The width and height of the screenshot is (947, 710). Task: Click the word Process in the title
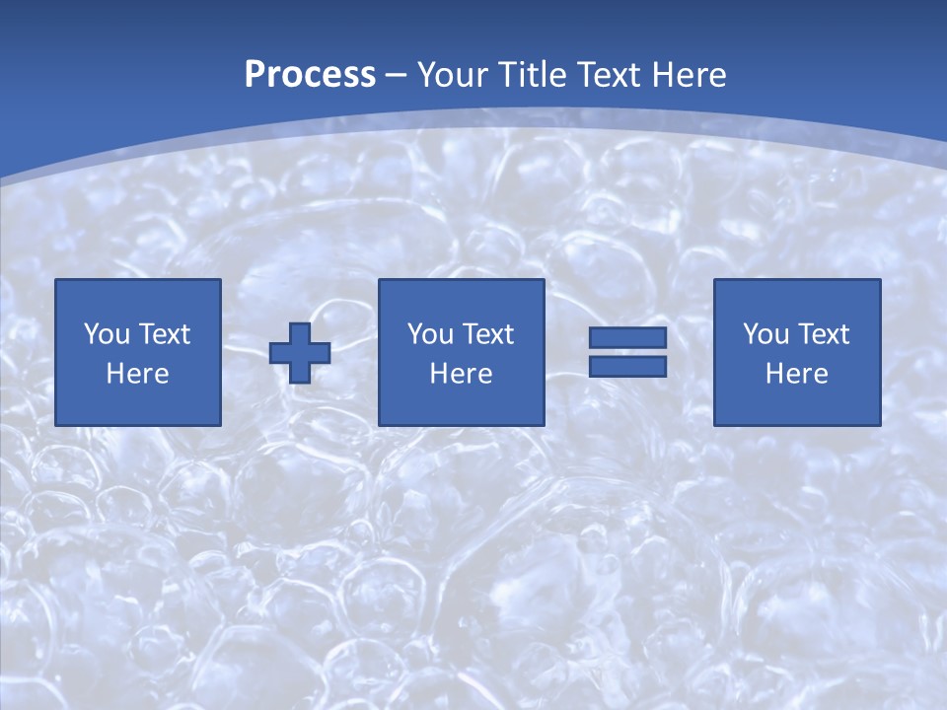[310, 75]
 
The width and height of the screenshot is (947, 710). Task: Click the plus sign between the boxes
[300, 353]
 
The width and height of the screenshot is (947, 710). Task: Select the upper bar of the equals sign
[627, 338]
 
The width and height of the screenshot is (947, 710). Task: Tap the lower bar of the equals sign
[627, 366]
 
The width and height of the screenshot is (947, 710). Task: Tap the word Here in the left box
[138, 374]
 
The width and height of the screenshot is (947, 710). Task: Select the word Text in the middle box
[488, 334]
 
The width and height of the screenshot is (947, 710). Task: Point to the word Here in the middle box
[462, 374]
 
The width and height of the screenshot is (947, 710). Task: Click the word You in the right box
[766, 334]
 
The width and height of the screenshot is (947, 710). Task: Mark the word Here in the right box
[797, 374]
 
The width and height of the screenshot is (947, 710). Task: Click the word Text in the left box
[165, 334]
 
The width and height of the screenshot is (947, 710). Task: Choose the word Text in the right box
[824, 334]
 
